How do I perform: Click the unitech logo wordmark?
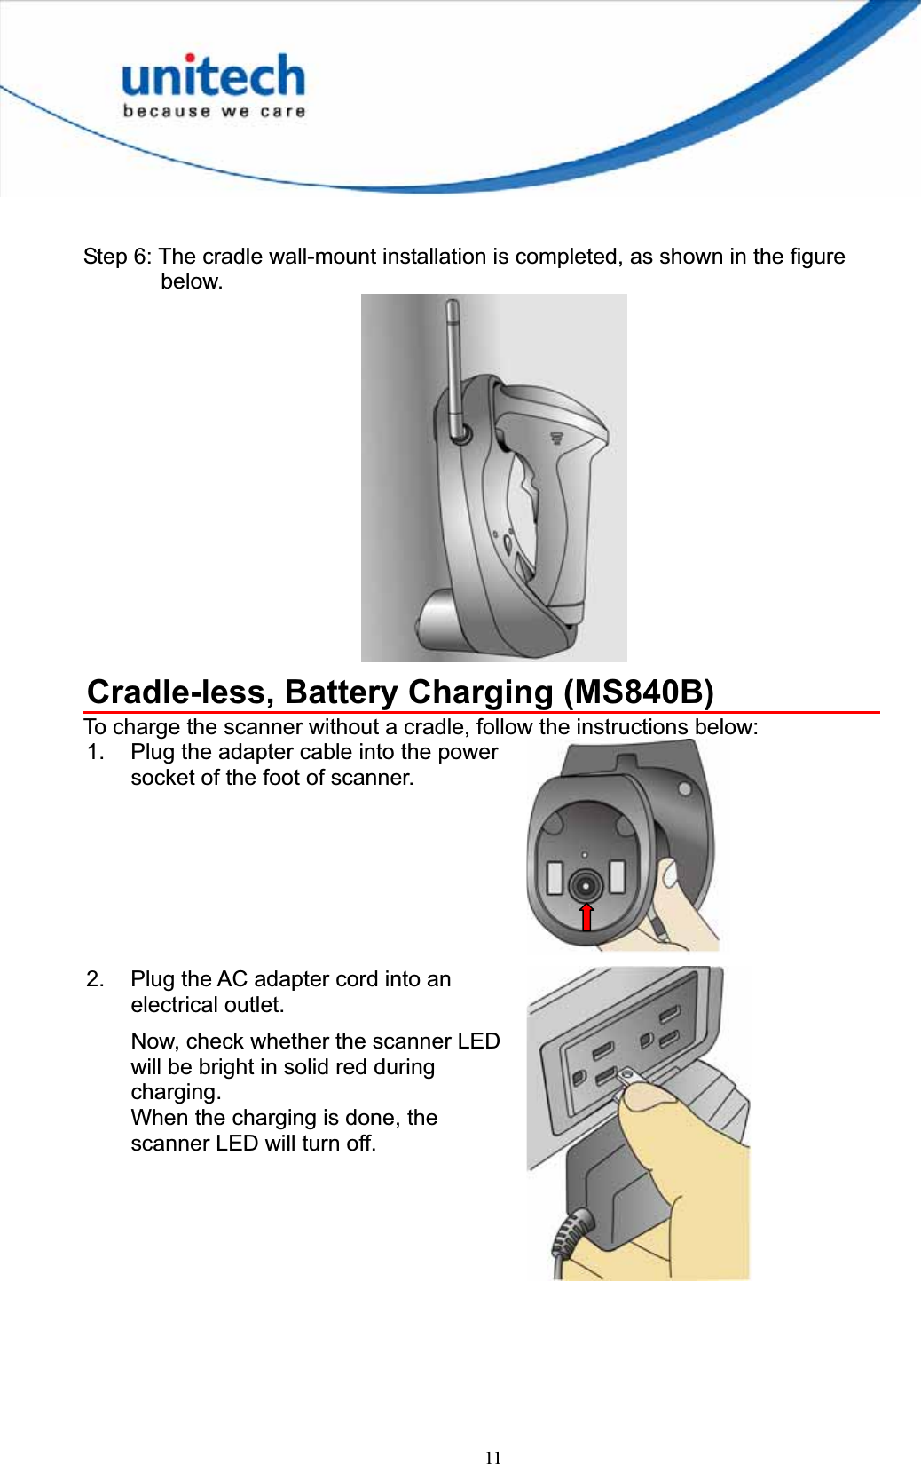(213, 76)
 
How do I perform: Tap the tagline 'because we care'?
(214, 112)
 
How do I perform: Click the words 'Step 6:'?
(117, 257)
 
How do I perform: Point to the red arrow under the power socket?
(586, 917)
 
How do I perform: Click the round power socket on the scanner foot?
(586, 885)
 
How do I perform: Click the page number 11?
(493, 1457)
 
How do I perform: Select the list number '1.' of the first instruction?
(96, 752)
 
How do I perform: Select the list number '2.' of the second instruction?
(96, 979)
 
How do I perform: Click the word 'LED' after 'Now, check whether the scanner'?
(478, 1041)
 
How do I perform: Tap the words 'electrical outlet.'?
(208, 1005)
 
